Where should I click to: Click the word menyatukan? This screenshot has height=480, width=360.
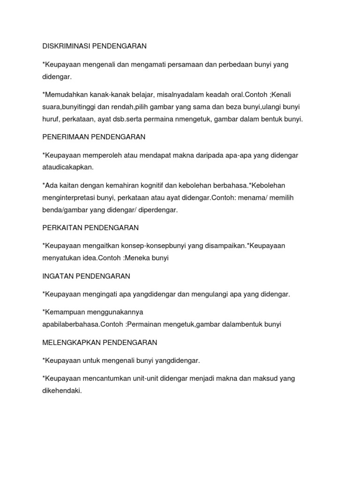(60, 258)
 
